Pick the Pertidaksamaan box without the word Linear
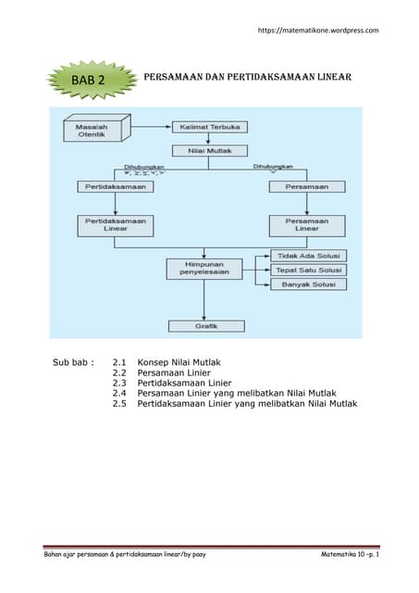coord(114,186)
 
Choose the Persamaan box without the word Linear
coord(307,186)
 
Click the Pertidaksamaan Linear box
coord(114,226)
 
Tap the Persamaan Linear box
coord(307,226)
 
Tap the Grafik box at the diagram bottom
coord(206,325)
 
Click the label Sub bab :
coord(72,361)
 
